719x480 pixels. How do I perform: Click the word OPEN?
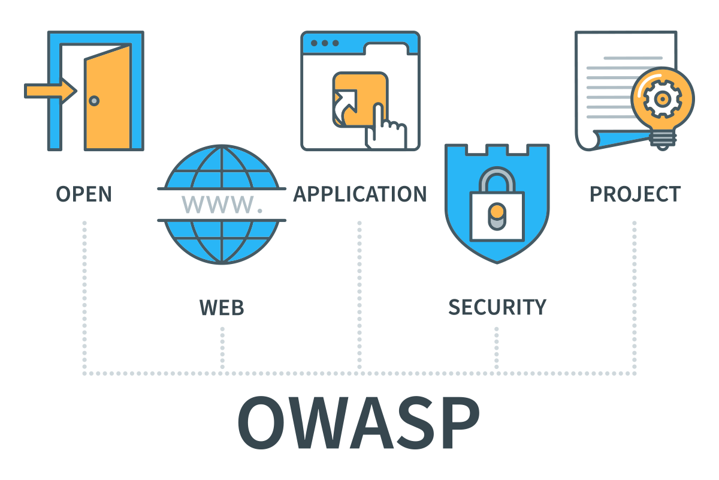(x=84, y=194)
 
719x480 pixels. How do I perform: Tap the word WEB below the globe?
(x=222, y=307)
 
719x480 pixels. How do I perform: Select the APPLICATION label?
(x=359, y=194)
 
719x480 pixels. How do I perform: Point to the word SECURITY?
(x=497, y=307)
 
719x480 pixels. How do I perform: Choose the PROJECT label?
(x=635, y=194)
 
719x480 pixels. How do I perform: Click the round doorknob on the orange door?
(x=94, y=101)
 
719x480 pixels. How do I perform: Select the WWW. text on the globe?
(x=222, y=205)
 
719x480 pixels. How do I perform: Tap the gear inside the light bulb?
(x=663, y=98)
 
